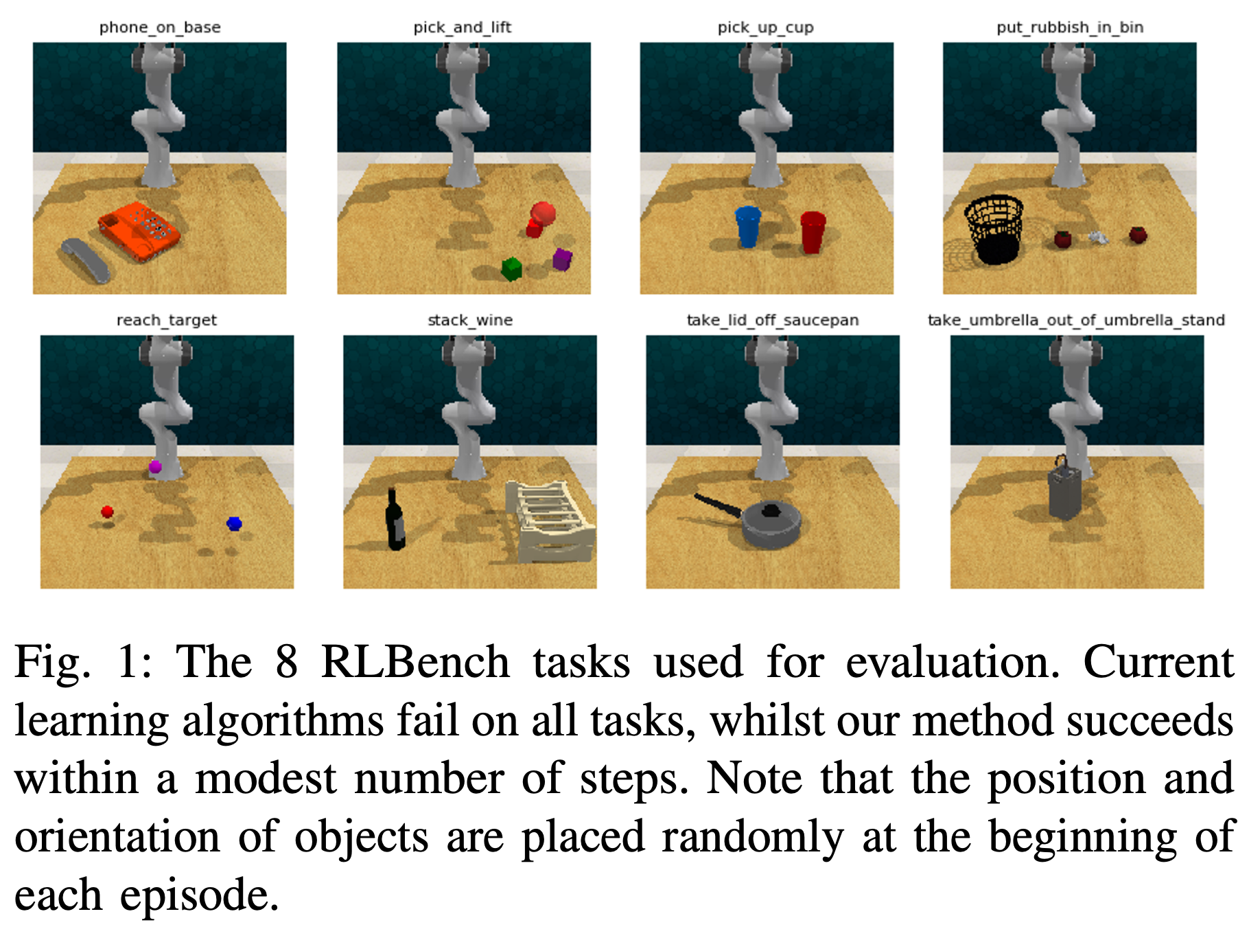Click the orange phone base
click(x=139, y=231)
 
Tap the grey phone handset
click(x=86, y=260)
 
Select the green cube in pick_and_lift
click(x=511, y=268)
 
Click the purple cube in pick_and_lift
click(x=562, y=259)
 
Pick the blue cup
click(x=747, y=227)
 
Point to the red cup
click(x=813, y=232)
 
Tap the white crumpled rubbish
click(x=1098, y=238)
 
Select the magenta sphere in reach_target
click(x=155, y=467)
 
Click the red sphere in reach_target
click(x=107, y=512)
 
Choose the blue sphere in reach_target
click(x=234, y=524)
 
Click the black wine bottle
click(x=395, y=519)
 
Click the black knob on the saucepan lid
click(x=771, y=510)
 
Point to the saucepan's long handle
click(x=718, y=505)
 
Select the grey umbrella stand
click(x=1065, y=490)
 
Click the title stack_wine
click(x=470, y=320)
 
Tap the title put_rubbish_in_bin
click(x=1070, y=27)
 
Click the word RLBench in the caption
click(x=415, y=662)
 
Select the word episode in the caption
click(x=199, y=896)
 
